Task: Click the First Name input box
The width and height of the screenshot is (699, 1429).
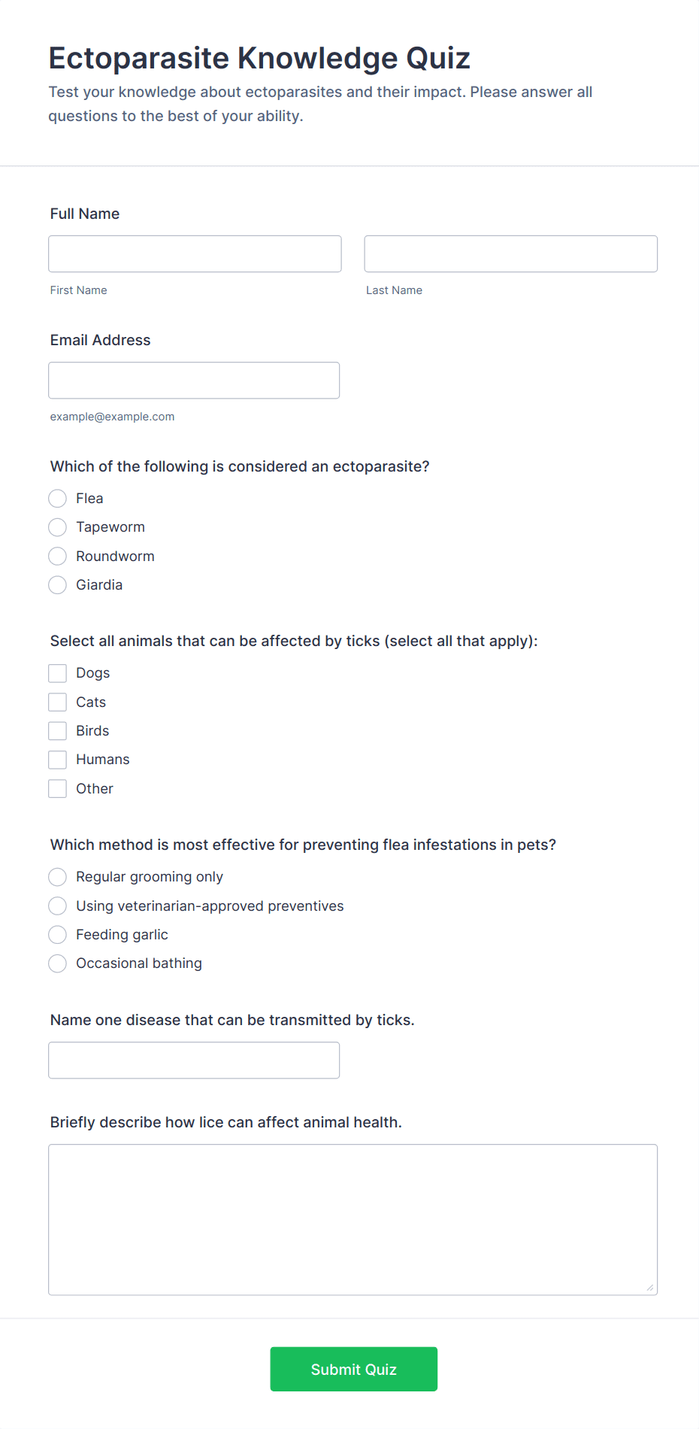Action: pos(195,254)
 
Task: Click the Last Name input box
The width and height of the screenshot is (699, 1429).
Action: pos(510,254)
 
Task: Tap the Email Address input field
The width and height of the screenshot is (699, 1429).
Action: pos(194,381)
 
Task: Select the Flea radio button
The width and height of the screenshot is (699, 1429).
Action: pos(58,499)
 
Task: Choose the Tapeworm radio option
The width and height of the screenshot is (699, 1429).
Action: pos(58,527)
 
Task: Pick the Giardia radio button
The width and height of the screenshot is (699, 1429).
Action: pos(58,585)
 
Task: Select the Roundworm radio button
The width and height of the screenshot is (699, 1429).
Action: pos(58,557)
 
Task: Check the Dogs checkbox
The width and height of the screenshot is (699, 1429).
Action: pos(58,673)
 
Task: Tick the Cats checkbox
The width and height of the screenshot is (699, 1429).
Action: pos(58,702)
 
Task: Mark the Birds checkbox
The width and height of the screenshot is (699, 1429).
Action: pos(58,731)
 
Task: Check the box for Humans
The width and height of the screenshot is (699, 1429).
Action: pos(58,760)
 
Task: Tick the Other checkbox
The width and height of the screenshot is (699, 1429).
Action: pos(58,789)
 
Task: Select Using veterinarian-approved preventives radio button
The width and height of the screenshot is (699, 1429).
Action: pos(58,906)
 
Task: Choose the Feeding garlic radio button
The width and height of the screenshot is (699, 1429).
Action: pos(58,935)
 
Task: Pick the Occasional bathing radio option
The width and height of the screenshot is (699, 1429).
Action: pos(58,963)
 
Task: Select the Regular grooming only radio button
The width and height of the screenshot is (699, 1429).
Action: pos(58,877)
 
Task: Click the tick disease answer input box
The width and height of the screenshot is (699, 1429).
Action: pos(194,1060)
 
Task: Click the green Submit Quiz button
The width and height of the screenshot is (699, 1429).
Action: pos(353,1369)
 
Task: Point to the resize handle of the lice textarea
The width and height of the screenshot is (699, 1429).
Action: pos(650,1288)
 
